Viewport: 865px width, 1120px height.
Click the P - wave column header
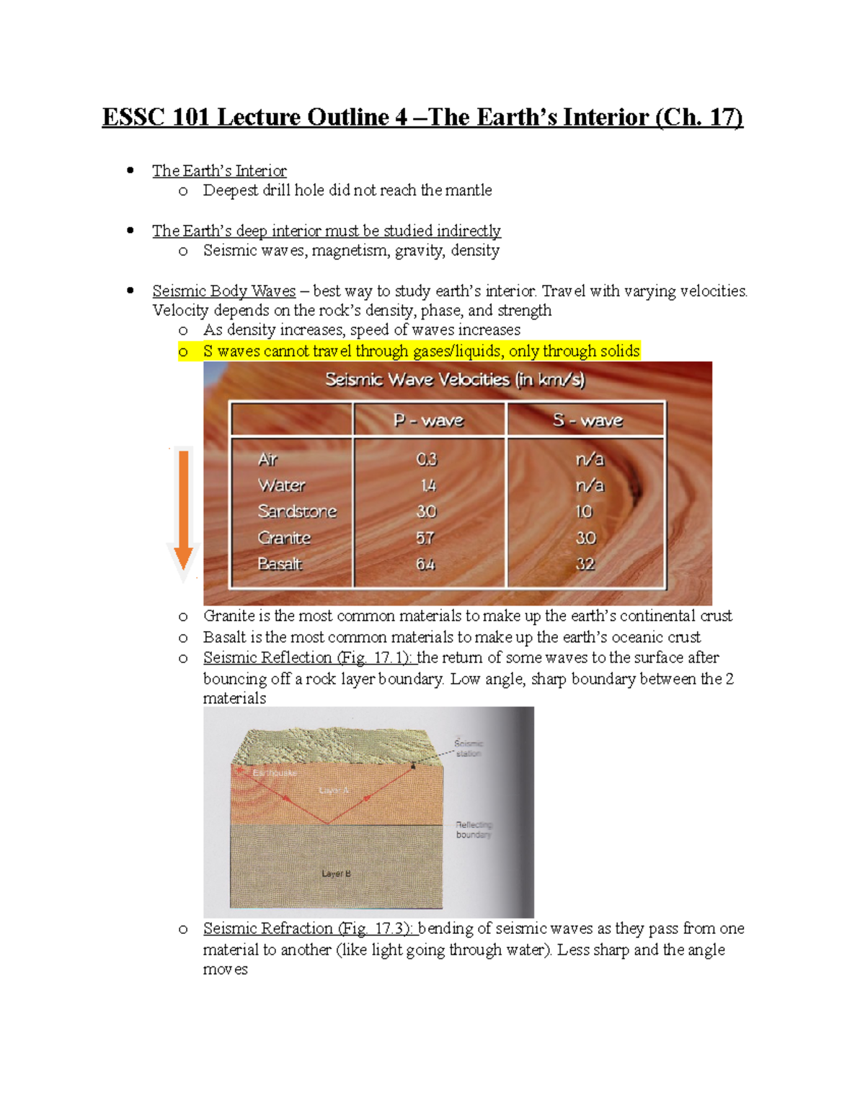[x=428, y=420]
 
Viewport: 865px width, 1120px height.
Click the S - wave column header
[x=587, y=420]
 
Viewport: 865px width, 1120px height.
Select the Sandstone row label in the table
[x=297, y=511]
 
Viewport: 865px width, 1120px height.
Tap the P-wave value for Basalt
[x=425, y=564]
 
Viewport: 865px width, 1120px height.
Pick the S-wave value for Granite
[x=585, y=538]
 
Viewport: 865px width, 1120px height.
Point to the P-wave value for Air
[x=427, y=459]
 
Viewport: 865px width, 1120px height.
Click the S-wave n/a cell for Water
[x=590, y=485]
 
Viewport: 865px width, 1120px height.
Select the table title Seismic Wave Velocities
[x=455, y=379]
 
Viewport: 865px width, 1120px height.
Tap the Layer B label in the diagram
[x=336, y=873]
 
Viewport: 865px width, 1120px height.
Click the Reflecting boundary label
[x=474, y=829]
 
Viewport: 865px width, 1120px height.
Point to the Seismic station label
[x=469, y=748]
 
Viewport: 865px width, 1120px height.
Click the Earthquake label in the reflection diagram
[x=274, y=772]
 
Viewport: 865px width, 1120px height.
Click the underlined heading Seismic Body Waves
[x=223, y=291]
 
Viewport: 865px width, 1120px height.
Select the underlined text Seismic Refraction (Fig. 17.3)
[x=308, y=928]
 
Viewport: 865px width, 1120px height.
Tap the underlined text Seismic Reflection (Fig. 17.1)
[x=308, y=658]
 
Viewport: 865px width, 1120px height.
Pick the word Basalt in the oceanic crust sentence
[x=225, y=637]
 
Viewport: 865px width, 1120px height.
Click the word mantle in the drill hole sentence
[x=469, y=190]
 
